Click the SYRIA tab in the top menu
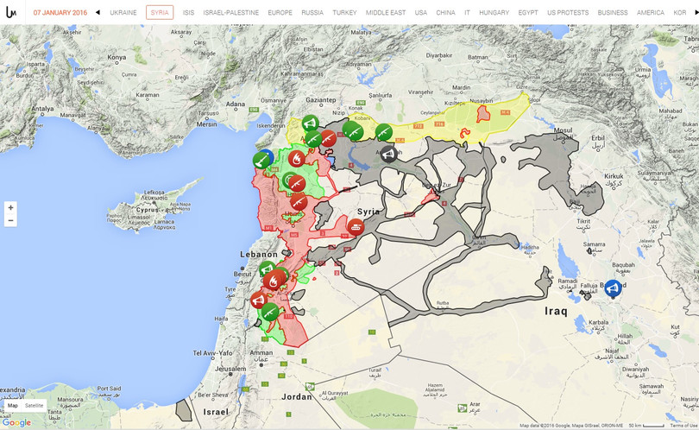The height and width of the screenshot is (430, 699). tap(160, 13)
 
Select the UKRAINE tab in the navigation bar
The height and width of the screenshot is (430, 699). tap(123, 13)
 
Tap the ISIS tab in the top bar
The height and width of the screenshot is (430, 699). tap(188, 13)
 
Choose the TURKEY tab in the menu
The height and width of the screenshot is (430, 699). tap(344, 13)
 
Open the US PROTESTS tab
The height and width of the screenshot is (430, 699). tap(568, 13)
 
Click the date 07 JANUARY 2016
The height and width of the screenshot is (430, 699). tap(60, 13)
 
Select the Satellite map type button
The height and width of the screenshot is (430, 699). tap(35, 406)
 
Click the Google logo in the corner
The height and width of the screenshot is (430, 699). tap(16, 422)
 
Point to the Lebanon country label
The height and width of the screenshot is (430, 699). tap(259, 255)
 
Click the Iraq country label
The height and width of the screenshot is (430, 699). tap(557, 311)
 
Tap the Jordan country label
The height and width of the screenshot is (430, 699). tap(296, 396)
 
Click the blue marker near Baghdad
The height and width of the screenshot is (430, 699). tap(613, 288)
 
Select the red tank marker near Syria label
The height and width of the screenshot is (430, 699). tap(356, 226)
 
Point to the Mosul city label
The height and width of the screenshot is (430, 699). tap(563, 131)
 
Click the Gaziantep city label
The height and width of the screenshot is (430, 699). tap(320, 100)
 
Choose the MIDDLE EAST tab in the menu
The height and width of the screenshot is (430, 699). tap(386, 13)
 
